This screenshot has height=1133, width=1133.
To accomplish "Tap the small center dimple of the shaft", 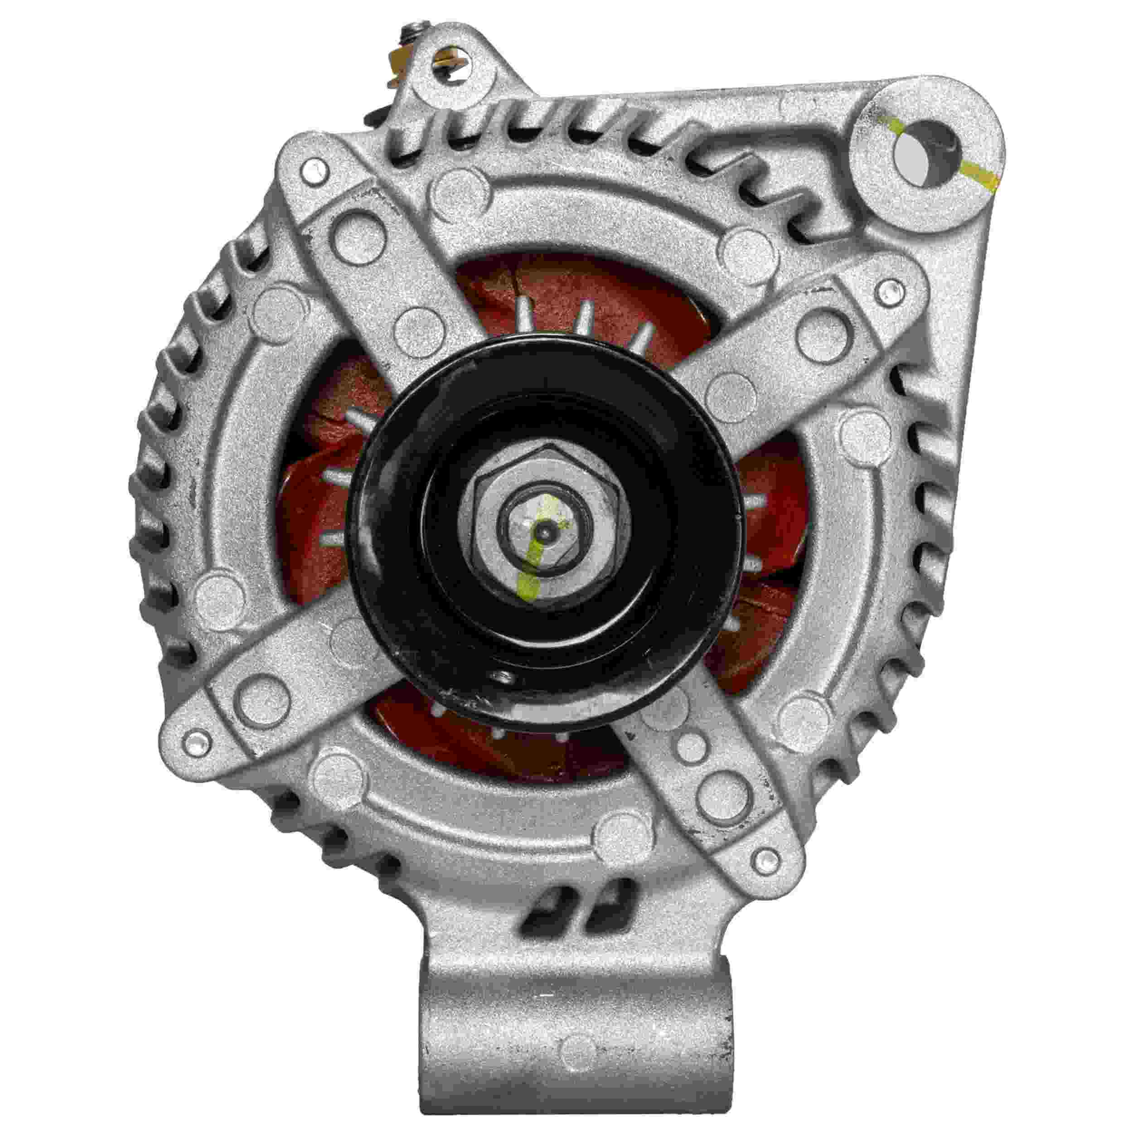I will [x=546, y=531].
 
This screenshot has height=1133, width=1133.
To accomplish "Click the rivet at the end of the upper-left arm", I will [x=314, y=171].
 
